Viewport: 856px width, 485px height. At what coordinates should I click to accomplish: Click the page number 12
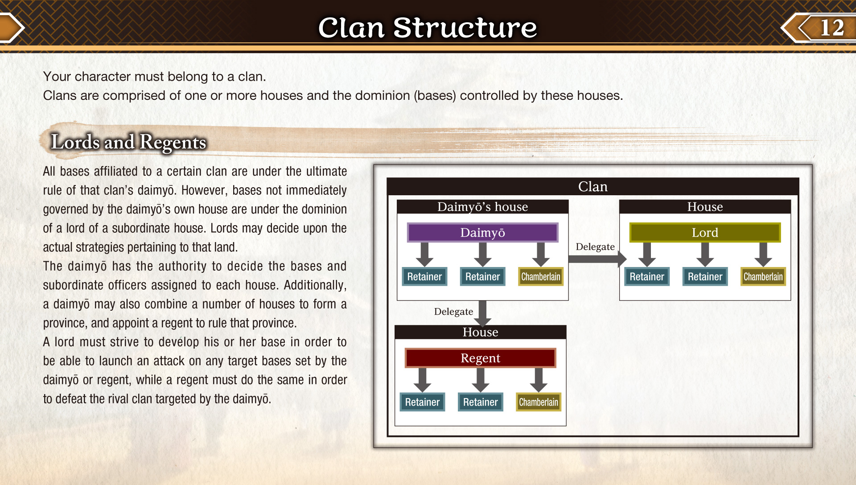(x=832, y=28)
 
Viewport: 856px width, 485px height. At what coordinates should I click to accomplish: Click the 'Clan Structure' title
(x=428, y=28)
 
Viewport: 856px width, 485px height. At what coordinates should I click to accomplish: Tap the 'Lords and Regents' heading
(x=128, y=143)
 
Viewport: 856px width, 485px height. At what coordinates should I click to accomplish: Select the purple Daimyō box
(x=482, y=233)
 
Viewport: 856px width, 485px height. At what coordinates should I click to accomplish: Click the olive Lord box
(x=705, y=233)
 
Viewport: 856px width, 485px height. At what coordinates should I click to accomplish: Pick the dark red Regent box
(x=480, y=358)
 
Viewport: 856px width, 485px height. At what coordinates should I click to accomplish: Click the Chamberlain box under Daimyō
(x=540, y=276)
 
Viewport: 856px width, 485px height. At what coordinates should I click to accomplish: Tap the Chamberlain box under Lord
(x=763, y=276)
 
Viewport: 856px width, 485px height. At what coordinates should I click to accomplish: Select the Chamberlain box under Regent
(x=538, y=402)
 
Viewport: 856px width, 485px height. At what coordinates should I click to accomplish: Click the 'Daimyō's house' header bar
(x=482, y=207)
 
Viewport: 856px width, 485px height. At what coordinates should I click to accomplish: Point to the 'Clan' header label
(x=593, y=186)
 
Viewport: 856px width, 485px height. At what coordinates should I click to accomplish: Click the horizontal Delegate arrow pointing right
(x=597, y=259)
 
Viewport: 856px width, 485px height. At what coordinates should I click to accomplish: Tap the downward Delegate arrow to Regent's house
(x=482, y=313)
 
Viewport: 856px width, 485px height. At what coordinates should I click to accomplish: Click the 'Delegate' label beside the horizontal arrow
(x=595, y=247)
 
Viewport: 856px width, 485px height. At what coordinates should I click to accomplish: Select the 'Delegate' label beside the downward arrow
(x=453, y=312)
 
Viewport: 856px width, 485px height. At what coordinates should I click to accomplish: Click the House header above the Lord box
(x=705, y=207)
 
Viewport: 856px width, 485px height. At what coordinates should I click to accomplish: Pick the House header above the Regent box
(x=480, y=332)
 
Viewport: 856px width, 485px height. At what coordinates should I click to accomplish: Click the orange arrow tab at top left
(x=11, y=28)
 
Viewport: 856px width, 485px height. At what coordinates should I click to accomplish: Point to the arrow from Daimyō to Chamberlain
(x=540, y=255)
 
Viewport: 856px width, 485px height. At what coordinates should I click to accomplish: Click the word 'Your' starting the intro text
(x=57, y=77)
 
